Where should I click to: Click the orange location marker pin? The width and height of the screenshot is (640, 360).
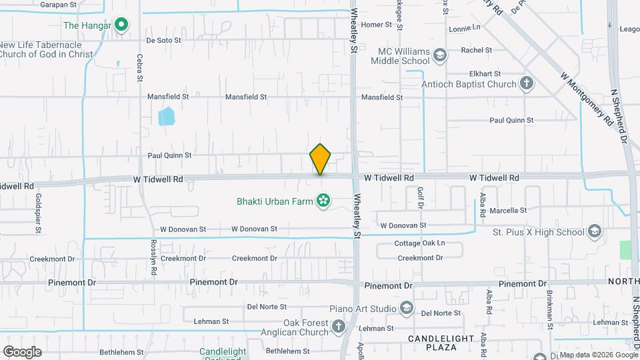tap(321, 159)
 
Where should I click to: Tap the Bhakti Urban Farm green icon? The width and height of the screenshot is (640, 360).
tap(323, 200)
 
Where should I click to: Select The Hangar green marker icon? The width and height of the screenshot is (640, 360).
tap(121, 26)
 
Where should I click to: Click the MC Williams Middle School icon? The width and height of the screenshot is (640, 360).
tap(439, 55)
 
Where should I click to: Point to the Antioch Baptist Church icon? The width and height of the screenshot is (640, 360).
tap(527, 84)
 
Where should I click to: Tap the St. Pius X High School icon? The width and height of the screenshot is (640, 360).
tap(593, 232)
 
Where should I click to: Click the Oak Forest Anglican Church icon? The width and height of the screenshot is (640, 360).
tap(338, 327)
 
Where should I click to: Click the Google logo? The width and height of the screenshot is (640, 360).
tap(22, 351)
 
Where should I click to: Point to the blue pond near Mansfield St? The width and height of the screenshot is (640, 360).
tap(165, 117)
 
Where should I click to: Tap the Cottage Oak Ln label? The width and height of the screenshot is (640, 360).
tap(419, 243)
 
